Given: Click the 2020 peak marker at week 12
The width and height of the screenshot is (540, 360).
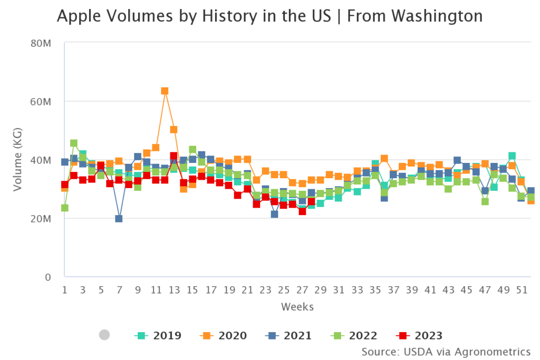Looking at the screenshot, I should pos(165,91).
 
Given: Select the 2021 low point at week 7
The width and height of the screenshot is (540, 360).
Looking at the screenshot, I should pos(119,218).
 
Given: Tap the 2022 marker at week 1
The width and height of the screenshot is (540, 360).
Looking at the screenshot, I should pos(64,208).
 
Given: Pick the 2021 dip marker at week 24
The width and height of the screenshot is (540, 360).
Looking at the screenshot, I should pos(274,214).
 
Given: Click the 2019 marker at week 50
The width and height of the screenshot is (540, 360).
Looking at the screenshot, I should pos(512,156).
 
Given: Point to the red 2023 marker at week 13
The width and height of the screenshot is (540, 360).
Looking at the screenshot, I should pos(173,156).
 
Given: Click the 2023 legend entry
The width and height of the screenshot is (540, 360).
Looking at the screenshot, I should pos(420,335).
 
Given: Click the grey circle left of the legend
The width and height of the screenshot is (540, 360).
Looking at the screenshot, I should pos(104,335).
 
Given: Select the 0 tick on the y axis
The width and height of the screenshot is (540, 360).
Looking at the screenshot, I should pos(47,277).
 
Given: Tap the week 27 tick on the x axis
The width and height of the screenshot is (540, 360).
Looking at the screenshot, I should pos(302,289).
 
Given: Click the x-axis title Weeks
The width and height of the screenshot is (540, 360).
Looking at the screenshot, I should pos(297,307).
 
